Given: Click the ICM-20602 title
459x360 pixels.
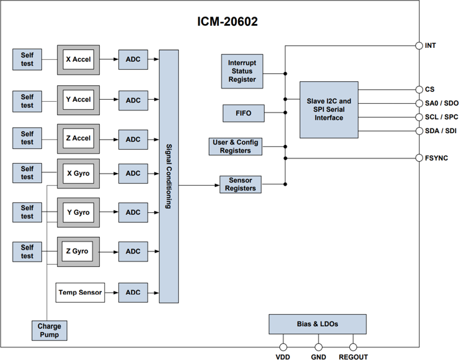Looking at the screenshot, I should [227, 22].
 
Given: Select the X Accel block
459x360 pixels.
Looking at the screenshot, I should [78, 60].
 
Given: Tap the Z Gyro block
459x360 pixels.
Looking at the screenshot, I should [78, 252].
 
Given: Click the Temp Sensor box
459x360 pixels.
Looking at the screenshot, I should [80, 292].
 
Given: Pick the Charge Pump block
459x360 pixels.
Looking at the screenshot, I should [49, 330].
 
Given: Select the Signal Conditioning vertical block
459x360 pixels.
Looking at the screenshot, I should [168, 176].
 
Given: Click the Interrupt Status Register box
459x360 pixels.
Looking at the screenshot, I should [242, 71].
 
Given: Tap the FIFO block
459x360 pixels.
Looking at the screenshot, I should [243, 113].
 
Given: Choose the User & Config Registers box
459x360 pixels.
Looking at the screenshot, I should [235, 146].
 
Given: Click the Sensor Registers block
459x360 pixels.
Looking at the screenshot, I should [240, 184].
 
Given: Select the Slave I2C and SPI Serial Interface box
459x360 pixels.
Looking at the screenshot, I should [329, 109].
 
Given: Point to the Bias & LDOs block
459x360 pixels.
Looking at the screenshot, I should [317, 324].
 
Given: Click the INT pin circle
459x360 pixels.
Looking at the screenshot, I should [419, 46].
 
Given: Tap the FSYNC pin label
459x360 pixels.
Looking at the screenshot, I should [436, 158].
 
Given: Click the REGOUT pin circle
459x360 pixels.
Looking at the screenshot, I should [353, 347].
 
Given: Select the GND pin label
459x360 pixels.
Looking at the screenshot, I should [319, 357].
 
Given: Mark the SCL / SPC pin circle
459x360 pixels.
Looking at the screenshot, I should [419, 117].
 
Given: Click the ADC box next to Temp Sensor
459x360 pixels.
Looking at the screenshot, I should [133, 292].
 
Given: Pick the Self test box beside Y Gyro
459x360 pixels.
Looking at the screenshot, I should [27, 212].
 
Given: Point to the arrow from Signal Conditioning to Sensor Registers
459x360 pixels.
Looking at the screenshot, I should [200, 185].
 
